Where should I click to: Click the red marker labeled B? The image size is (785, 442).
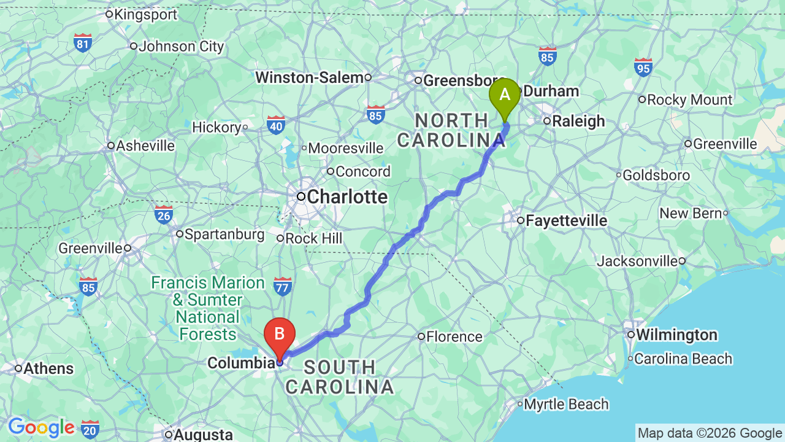point(279,335)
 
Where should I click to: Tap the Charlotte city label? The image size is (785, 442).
point(347,197)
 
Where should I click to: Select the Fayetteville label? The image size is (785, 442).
point(567,220)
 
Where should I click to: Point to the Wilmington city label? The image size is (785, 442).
point(676,335)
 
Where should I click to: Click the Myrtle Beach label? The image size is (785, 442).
point(566,404)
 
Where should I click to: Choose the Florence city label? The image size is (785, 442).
point(454,336)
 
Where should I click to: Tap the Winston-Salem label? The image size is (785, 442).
point(310,77)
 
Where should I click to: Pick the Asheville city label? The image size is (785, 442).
point(145,145)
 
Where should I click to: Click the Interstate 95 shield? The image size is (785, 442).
point(643,66)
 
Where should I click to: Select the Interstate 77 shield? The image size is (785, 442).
point(283,286)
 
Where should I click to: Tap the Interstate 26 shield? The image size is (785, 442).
point(163,215)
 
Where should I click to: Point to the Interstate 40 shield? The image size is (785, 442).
point(276,125)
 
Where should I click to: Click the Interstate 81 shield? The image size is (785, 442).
point(83,43)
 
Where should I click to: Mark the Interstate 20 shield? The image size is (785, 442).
point(90,428)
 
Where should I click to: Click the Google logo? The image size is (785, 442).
point(41,427)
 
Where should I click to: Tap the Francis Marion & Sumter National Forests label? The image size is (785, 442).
point(207,309)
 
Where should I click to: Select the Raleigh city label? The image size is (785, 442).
point(578,121)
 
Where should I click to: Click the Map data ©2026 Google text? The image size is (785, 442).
point(710,433)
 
